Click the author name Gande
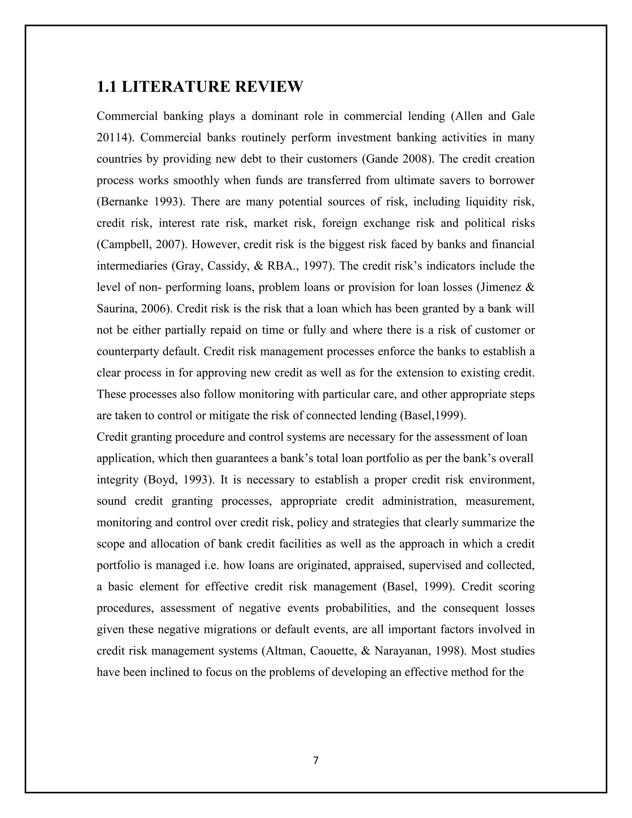382,160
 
